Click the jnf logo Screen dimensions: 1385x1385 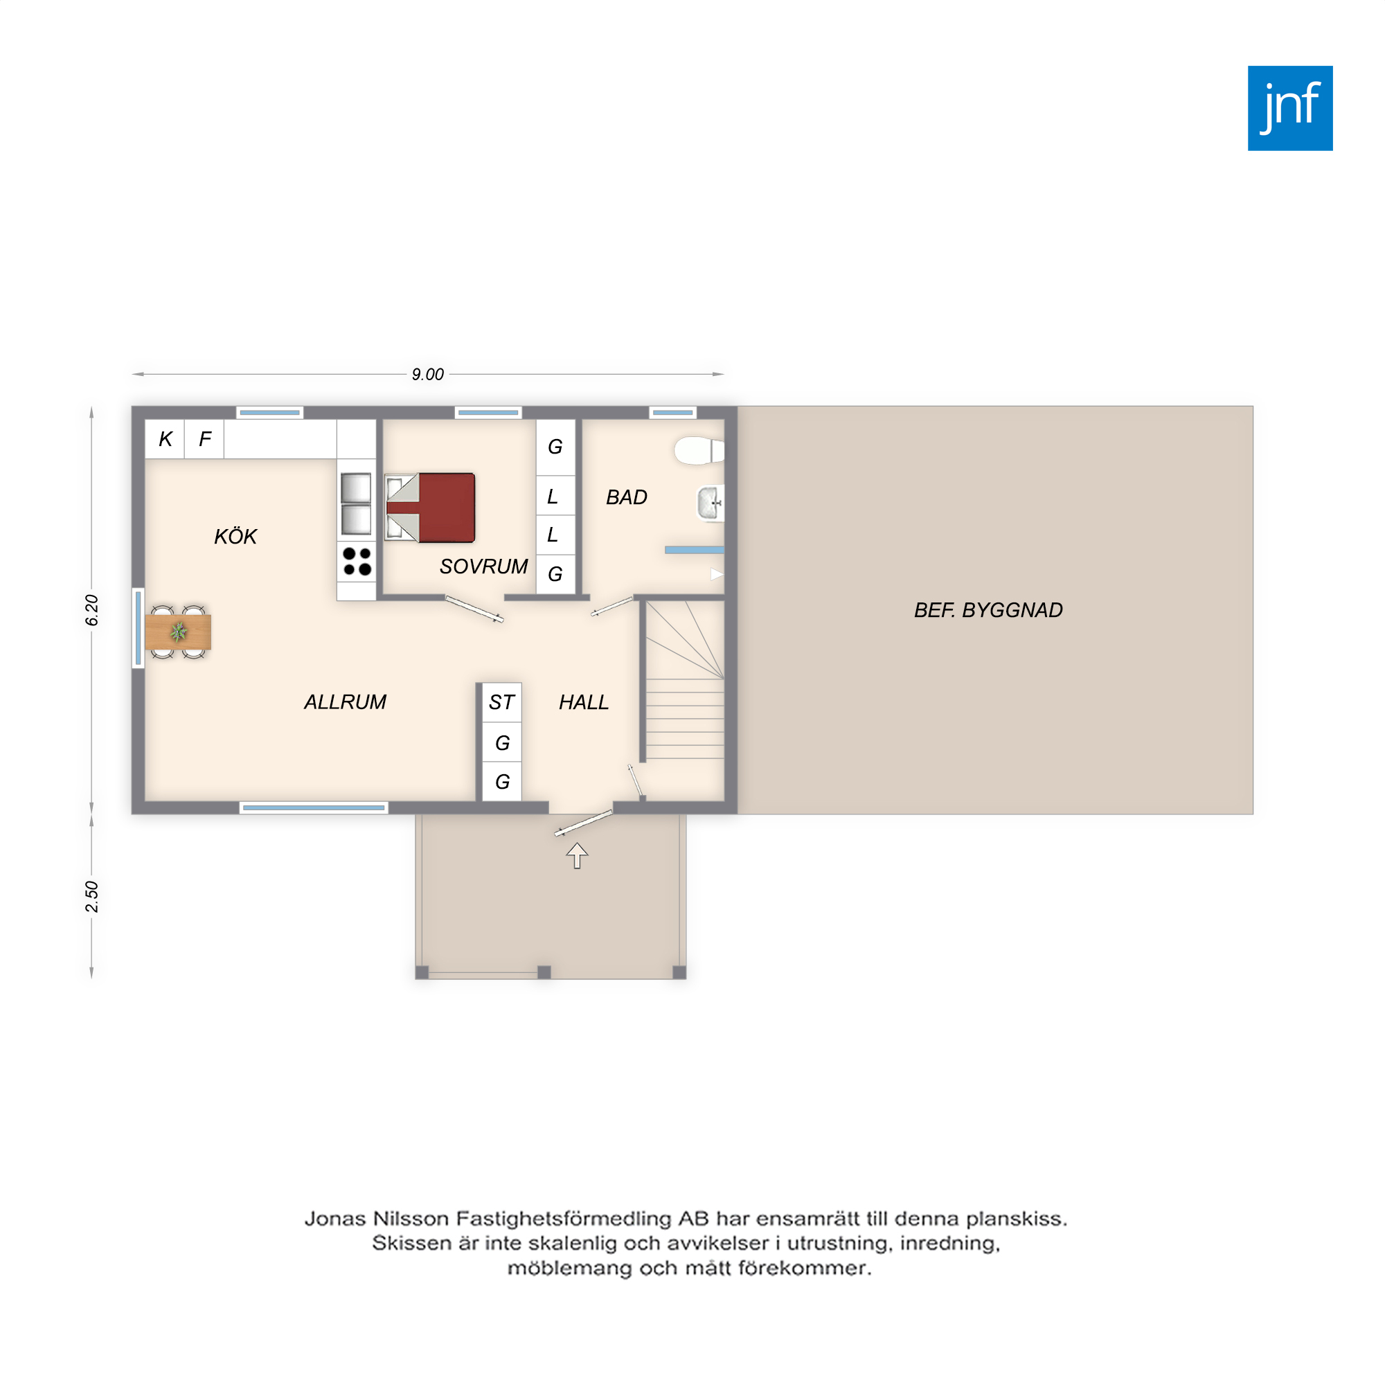click(x=1289, y=108)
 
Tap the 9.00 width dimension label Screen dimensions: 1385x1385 click(x=427, y=374)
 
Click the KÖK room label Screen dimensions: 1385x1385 click(x=235, y=535)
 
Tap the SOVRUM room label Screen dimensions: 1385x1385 click(x=484, y=566)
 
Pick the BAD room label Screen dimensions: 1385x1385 click(x=627, y=497)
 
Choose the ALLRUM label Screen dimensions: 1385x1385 click(x=345, y=702)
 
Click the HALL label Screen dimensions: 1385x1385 click(x=584, y=702)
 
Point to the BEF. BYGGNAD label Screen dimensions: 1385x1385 click(x=988, y=610)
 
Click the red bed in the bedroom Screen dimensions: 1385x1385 click(x=430, y=508)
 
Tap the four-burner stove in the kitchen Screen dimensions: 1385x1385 click(x=356, y=562)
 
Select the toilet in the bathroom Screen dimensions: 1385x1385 click(x=699, y=450)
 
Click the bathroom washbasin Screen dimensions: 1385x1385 click(x=710, y=503)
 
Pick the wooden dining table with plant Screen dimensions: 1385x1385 click(x=178, y=632)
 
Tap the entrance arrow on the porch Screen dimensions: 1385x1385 click(x=577, y=855)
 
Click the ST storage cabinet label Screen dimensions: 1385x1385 click(x=501, y=702)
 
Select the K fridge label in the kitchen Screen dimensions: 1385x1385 click(x=166, y=439)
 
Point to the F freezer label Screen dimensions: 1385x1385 click(x=205, y=439)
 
